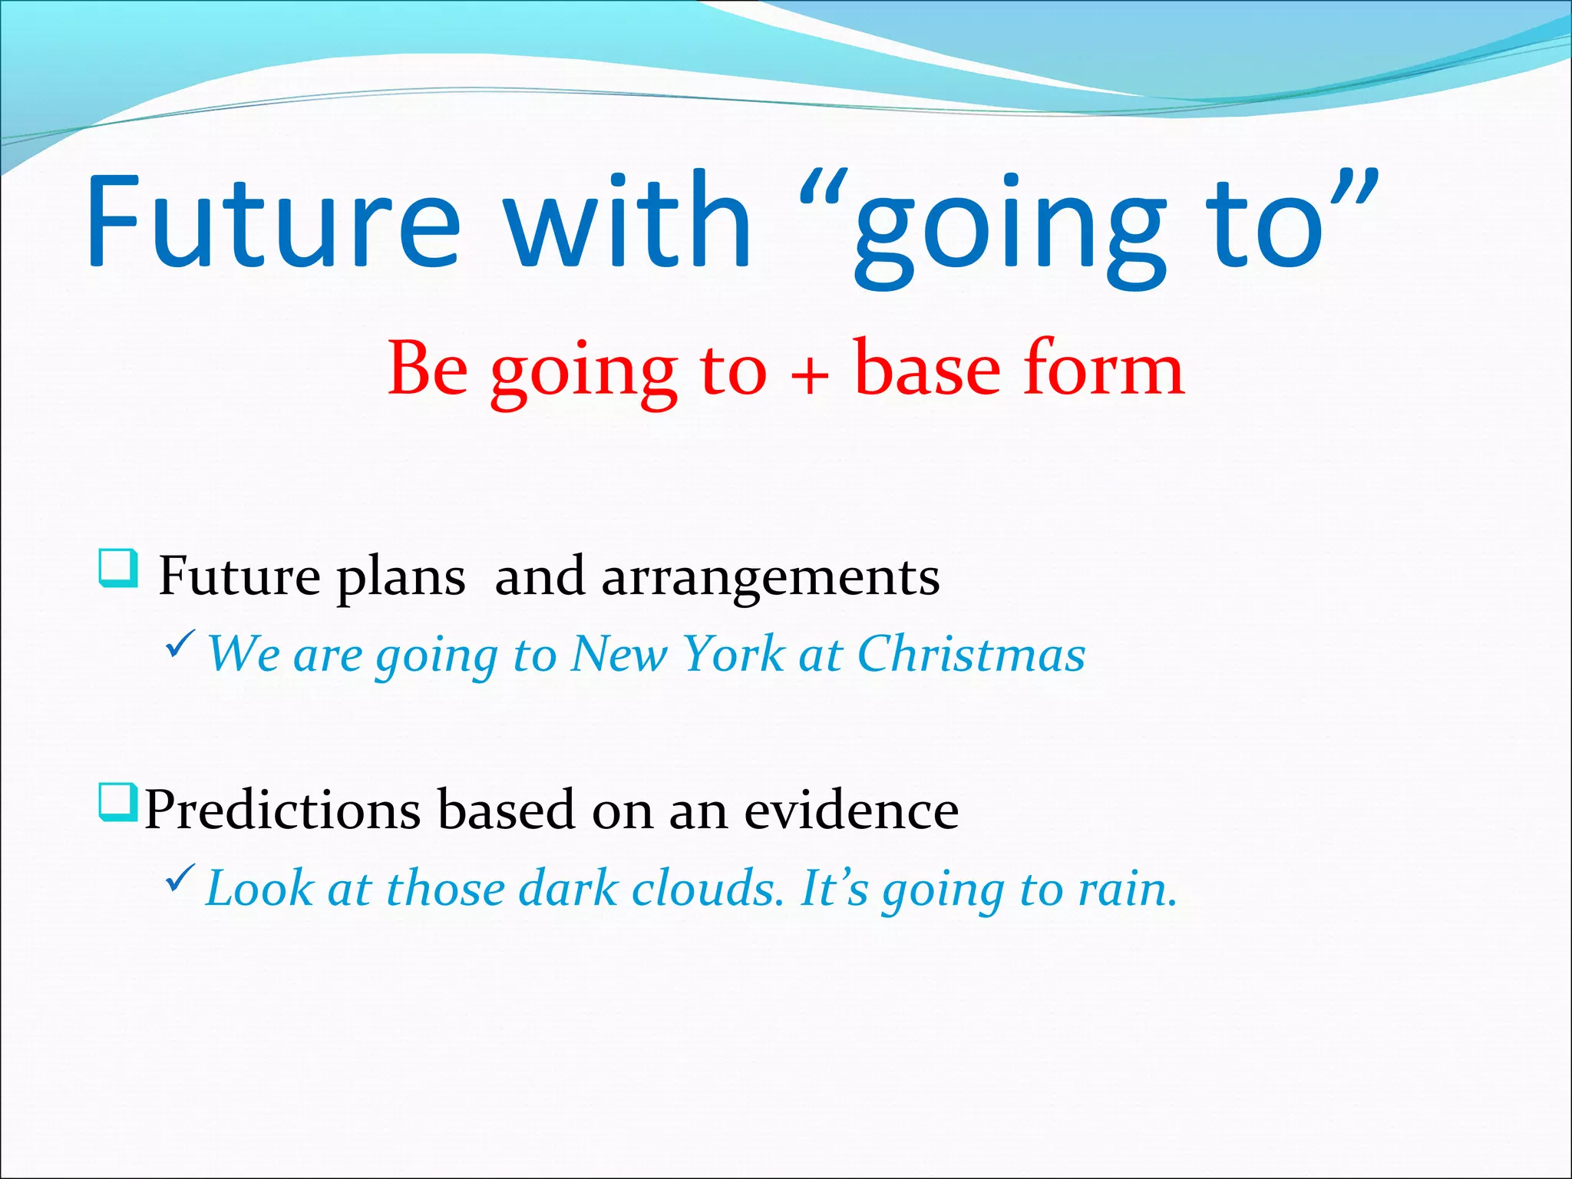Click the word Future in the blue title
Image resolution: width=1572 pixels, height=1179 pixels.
click(272, 223)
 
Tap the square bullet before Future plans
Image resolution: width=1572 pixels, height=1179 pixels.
click(119, 568)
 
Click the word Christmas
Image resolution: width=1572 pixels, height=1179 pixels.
click(970, 655)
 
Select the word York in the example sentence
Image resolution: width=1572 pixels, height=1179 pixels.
click(733, 655)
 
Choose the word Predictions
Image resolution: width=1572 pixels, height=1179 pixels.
click(282, 811)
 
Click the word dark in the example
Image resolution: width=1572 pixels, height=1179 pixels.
click(568, 890)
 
